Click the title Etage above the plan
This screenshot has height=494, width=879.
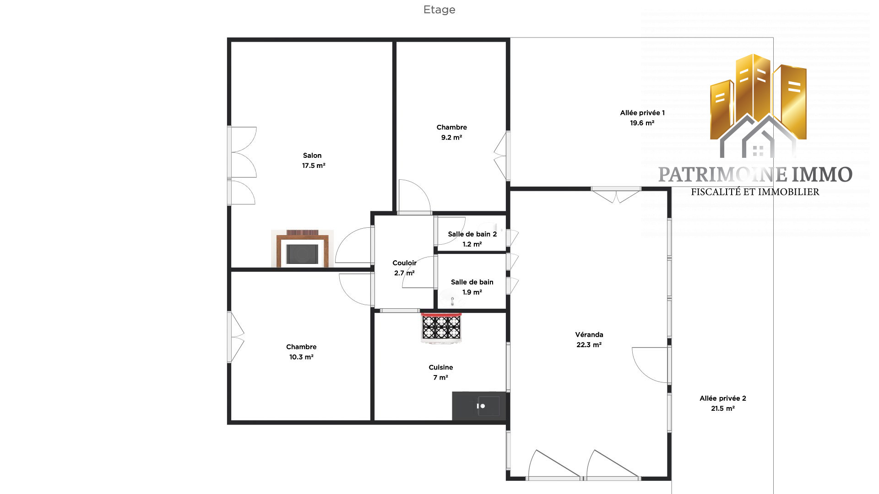point(439,10)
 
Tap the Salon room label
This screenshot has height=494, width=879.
point(312,156)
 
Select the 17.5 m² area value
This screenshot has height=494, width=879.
point(314,166)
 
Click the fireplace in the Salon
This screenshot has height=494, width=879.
point(302,248)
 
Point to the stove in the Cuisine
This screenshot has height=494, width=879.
point(441,328)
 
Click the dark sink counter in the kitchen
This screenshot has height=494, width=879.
point(479,406)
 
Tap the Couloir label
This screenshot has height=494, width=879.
point(405,263)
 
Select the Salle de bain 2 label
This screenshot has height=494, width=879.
point(472,234)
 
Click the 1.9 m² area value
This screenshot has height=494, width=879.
point(472,292)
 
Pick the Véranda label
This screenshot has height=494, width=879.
point(589,335)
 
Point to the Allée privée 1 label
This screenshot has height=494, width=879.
point(642,113)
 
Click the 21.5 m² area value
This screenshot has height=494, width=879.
point(723,408)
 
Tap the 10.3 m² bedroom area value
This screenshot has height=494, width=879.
point(301,357)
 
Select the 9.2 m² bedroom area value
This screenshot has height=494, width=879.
point(451,138)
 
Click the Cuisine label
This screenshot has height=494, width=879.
point(441,367)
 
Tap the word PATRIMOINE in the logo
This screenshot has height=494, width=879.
point(722,175)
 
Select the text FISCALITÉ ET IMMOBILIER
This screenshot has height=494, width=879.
point(755,192)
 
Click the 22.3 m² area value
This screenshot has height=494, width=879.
point(589,345)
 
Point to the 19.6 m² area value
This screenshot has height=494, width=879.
point(642,123)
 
